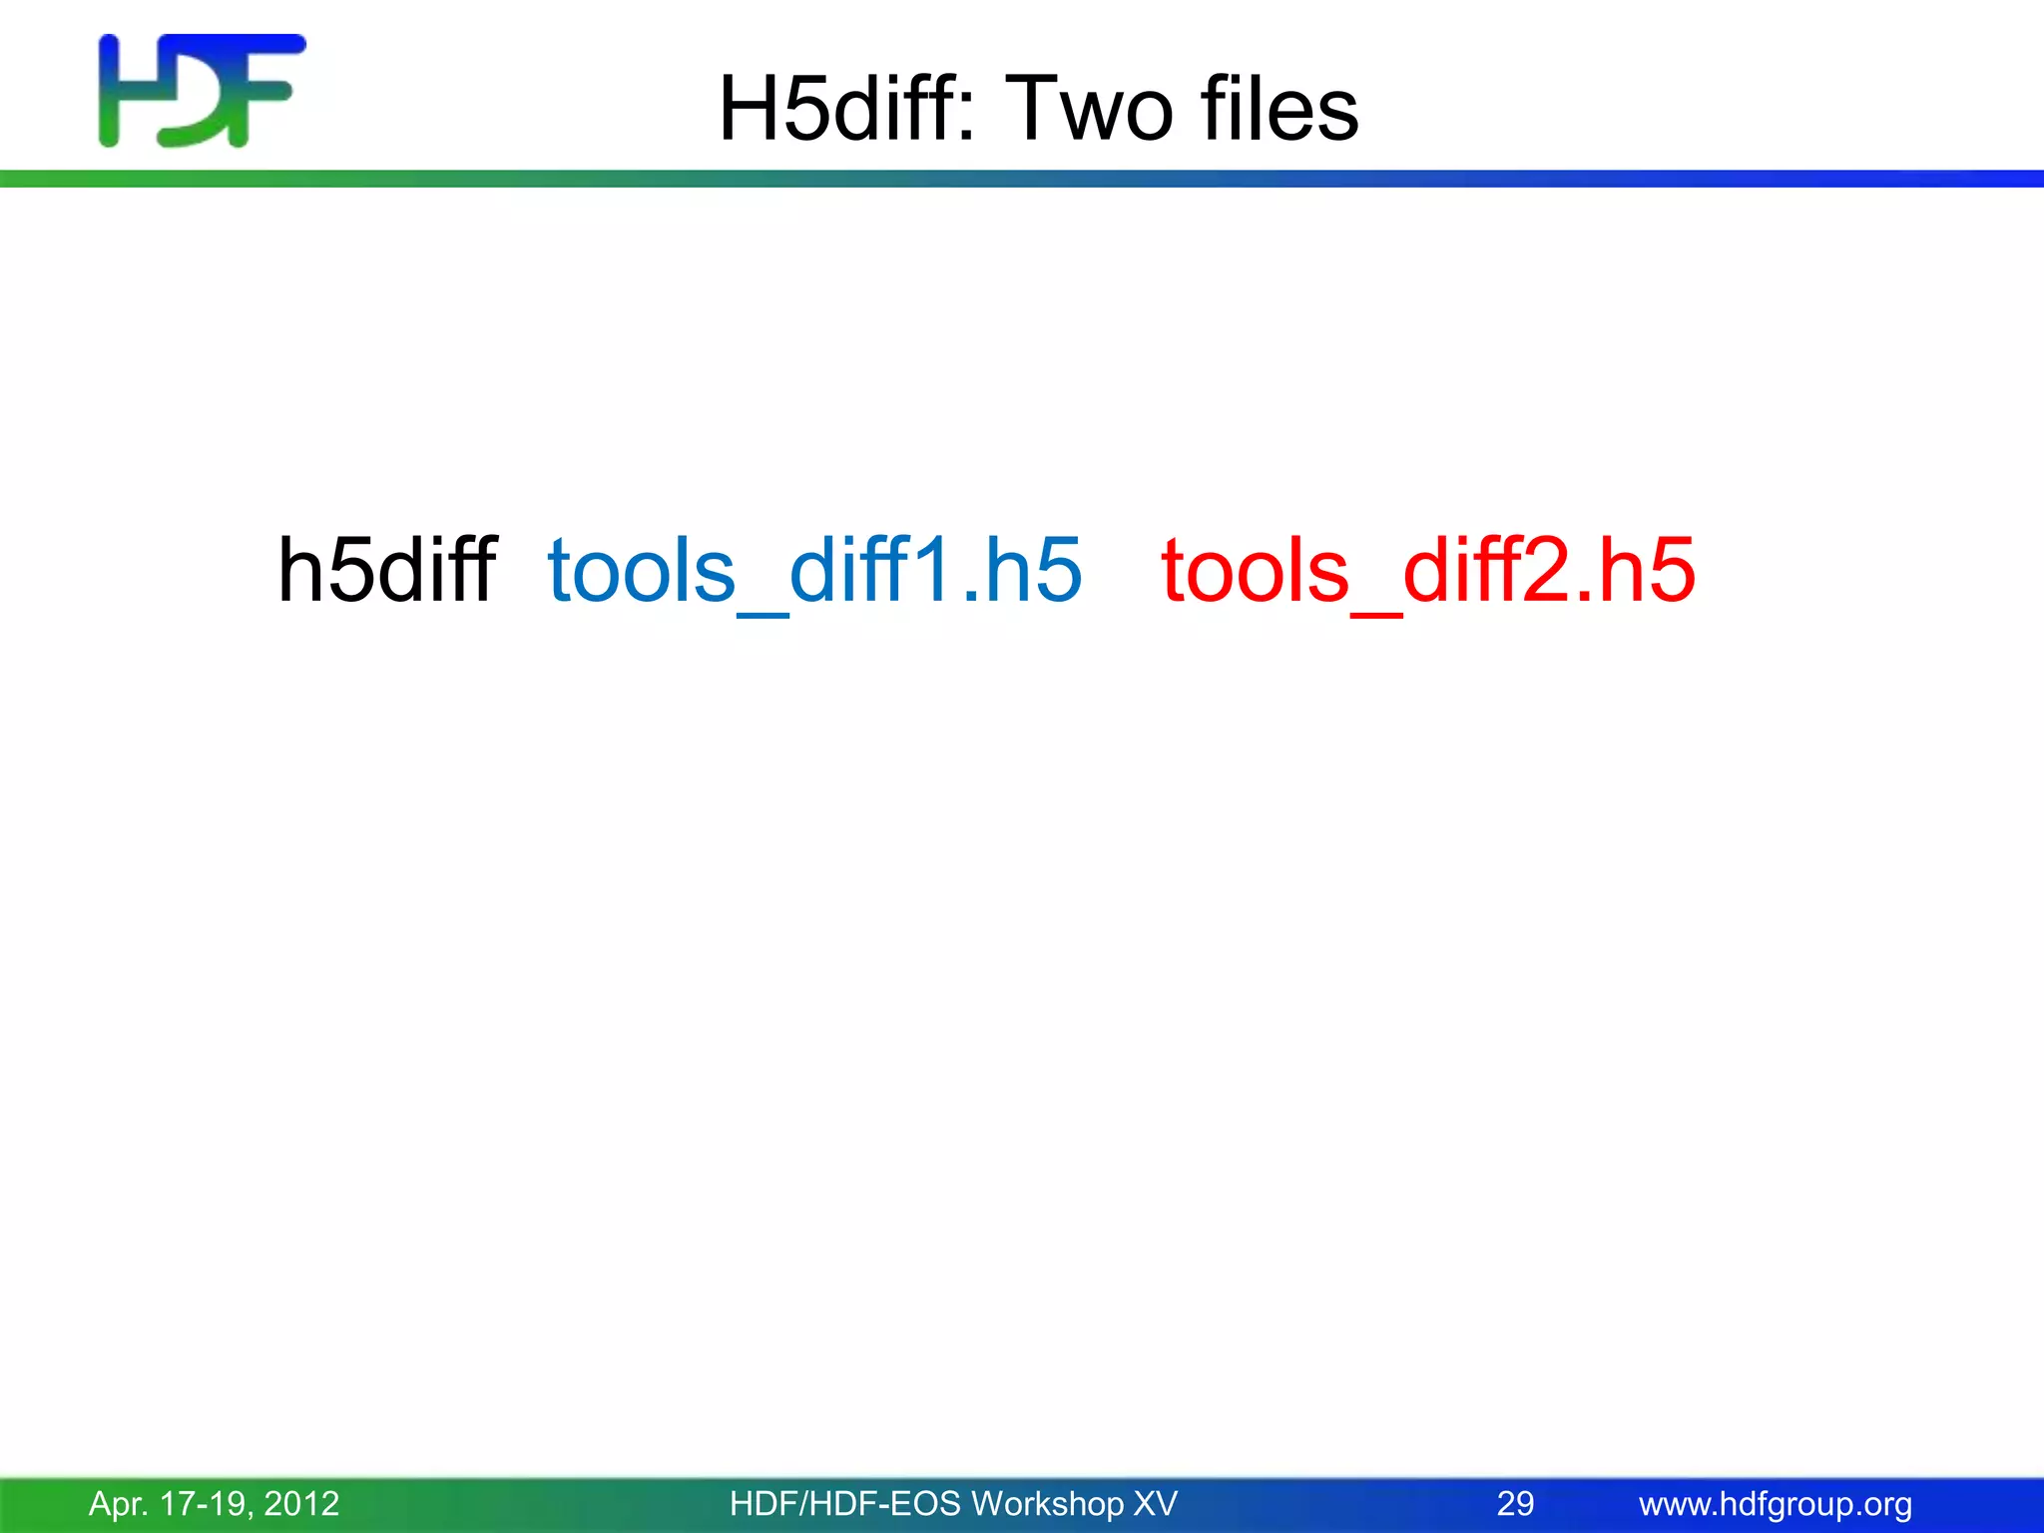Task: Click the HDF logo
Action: tap(203, 91)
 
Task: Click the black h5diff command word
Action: tap(387, 570)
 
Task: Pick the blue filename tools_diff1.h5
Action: tap(815, 570)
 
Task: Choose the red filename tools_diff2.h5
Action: tap(1428, 570)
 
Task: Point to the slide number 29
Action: tap(1515, 1503)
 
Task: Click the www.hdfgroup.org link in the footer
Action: tap(1776, 1503)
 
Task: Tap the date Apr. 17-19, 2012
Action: tap(215, 1503)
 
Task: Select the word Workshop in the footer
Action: tap(1047, 1503)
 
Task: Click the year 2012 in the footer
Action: tap(302, 1503)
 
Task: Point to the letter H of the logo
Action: tap(124, 91)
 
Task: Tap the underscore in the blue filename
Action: tap(763, 614)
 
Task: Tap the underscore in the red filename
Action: tap(1376, 614)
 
